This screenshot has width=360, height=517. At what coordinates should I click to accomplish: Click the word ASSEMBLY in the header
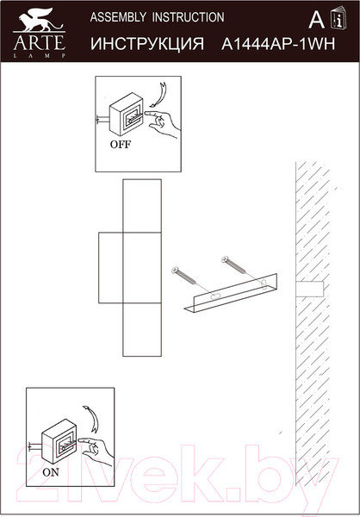tap(118, 17)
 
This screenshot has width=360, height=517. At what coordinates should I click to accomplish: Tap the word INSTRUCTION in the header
tap(189, 17)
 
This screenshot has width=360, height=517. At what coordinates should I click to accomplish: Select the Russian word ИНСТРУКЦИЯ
tap(147, 44)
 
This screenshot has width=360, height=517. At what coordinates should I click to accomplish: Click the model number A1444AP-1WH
tap(278, 44)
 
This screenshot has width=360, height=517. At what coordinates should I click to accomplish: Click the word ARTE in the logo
tap(39, 41)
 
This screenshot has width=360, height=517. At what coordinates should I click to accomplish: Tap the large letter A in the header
tap(316, 20)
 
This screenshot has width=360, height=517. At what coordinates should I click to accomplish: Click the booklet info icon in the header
tap(338, 18)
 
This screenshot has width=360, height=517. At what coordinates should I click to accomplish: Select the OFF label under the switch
tap(121, 144)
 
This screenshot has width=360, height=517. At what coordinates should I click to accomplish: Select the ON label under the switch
tap(51, 472)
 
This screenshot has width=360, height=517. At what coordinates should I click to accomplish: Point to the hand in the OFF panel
tap(162, 123)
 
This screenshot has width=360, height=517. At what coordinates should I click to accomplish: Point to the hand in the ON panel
tap(96, 448)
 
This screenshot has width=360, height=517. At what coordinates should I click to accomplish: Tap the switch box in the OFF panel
tap(127, 114)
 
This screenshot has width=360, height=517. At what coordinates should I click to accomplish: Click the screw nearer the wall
tap(234, 265)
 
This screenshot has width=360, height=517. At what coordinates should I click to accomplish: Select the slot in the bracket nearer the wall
tap(264, 284)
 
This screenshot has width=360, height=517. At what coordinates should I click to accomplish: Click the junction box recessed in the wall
tap(309, 289)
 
